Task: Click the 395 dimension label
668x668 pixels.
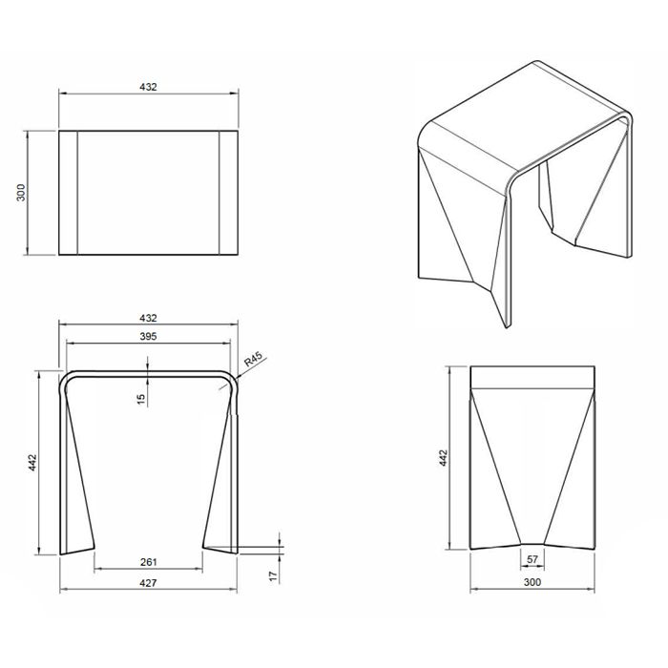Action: click(x=148, y=336)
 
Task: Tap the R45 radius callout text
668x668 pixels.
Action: click(x=253, y=360)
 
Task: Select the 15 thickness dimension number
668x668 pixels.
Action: click(x=141, y=399)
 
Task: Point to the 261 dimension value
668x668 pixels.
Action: click(x=148, y=562)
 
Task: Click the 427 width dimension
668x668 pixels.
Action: click(x=148, y=582)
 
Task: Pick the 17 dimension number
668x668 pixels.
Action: click(x=274, y=576)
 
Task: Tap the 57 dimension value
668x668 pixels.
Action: click(x=532, y=559)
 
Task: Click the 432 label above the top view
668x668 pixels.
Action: click(x=148, y=87)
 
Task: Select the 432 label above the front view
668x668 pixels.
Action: click(x=148, y=318)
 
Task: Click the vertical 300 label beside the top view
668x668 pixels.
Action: click(x=20, y=193)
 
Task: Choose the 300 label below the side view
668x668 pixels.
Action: click(x=532, y=582)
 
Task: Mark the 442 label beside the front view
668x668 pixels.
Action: click(x=32, y=463)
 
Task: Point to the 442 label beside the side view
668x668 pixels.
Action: click(x=443, y=458)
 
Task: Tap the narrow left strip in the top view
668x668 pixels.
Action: click(x=68, y=193)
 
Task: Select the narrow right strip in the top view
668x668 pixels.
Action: click(x=228, y=193)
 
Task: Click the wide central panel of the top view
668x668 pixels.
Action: click(x=148, y=193)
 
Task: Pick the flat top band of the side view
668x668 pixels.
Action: click(x=532, y=377)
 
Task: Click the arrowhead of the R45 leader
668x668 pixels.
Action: click(x=237, y=377)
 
